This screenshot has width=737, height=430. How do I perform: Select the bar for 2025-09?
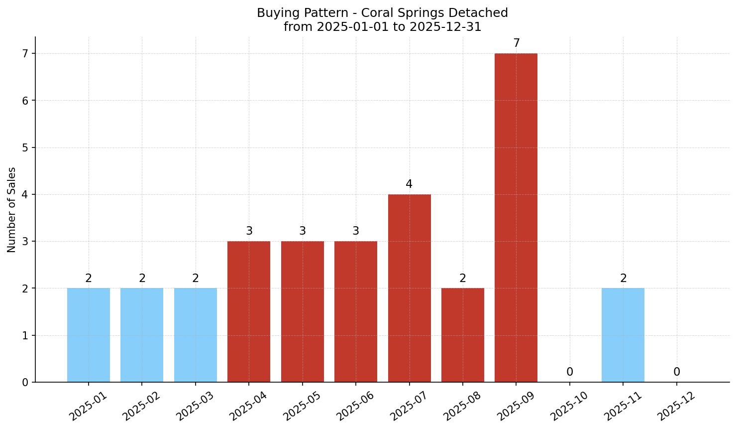516,218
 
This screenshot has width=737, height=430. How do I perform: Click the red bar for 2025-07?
409,288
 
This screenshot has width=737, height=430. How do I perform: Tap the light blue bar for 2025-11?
623,335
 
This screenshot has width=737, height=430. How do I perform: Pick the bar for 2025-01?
89,335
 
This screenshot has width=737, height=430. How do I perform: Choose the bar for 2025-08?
463,335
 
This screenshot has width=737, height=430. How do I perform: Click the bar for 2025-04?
249,311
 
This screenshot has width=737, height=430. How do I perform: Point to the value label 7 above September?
517,43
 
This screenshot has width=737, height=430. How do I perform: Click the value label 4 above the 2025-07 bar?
409,184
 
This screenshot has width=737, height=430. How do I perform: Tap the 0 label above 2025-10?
570,372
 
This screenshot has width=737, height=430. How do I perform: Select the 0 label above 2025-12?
677,372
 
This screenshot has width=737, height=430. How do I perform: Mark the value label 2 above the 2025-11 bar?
624,279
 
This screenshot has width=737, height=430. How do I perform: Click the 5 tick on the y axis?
25,148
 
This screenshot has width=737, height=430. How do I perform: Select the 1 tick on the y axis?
25,336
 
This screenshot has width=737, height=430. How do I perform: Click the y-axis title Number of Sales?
12,210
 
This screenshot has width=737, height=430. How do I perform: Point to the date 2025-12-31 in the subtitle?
445,27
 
